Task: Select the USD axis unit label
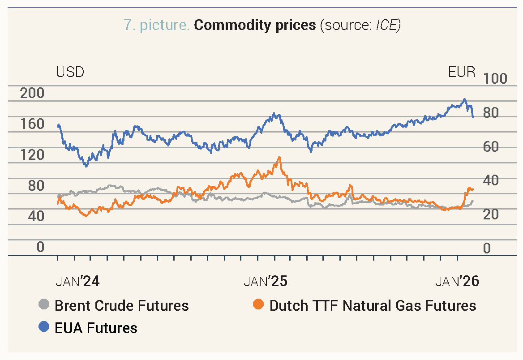(70, 72)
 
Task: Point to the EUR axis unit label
(462, 72)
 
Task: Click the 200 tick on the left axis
(33, 93)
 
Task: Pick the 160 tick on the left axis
(33, 124)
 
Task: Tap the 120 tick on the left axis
(33, 155)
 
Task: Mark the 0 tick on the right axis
(486, 249)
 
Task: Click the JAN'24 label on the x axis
(77, 281)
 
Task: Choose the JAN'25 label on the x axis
(266, 281)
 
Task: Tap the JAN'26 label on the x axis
(457, 281)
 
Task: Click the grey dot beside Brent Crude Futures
(44, 305)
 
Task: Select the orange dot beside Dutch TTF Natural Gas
(258, 305)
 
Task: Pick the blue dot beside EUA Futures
(44, 327)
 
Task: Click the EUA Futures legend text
(96, 328)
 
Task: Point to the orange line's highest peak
(279, 158)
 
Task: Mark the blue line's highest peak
(465, 99)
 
